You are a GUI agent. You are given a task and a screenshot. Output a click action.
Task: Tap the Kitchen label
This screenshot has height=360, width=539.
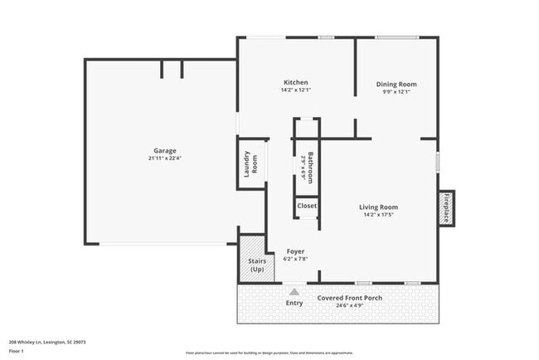tap(296, 82)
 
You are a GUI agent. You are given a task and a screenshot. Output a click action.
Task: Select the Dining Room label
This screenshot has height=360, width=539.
tap(396, 84)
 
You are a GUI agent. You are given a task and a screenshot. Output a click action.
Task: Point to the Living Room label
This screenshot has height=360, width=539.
tap(378, 207)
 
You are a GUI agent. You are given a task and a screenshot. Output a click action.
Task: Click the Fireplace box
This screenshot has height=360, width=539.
tap(445, 207)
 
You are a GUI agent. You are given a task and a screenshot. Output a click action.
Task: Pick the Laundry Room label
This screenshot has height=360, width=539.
tap(250, 166)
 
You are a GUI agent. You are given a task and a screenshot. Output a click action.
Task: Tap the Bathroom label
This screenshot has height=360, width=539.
tap(310, 167)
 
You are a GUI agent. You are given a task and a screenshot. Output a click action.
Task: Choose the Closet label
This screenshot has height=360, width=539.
tap(307, 205)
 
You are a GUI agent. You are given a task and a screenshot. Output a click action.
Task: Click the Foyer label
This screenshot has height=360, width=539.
tap(296, 251)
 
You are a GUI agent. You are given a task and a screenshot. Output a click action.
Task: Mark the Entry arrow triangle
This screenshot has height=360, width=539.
tap(294, 292)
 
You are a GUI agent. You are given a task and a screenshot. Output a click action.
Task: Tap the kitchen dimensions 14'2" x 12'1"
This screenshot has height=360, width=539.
tap(296, 90)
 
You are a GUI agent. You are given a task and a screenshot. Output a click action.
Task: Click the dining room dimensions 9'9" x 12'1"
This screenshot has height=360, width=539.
tap(396, 91)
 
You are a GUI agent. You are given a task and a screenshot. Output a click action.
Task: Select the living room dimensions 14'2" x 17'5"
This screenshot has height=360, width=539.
tap(378, 215)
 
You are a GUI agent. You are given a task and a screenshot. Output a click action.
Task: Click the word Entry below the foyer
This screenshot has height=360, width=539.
tap(294, 303)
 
